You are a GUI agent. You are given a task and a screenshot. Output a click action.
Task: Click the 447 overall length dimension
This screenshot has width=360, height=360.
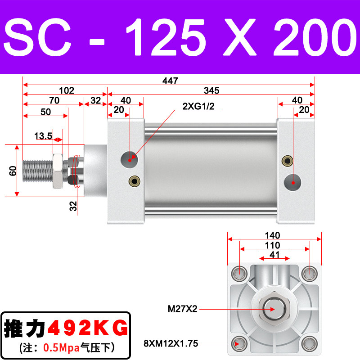pos(170,81)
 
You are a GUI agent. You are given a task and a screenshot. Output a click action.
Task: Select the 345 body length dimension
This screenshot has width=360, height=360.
pos(211,90)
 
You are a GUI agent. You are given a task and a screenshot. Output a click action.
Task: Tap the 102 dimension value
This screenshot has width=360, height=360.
pos(67,90)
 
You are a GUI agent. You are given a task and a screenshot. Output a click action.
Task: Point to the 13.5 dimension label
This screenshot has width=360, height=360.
pos(43,136)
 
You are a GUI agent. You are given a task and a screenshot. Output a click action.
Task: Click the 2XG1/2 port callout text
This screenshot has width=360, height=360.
pos(198,106)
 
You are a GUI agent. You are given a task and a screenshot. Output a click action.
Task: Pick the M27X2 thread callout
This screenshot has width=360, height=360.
pos(183,309)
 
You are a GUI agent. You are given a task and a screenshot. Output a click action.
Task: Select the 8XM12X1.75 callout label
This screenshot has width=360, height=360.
pos(171,343)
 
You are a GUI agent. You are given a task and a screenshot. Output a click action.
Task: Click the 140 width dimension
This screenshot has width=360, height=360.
pos(273,235)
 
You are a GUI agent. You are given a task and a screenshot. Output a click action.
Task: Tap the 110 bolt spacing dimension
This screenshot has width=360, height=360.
pos(273,245)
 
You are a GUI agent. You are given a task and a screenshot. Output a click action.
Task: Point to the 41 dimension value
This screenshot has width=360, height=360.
pos(274,255)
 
